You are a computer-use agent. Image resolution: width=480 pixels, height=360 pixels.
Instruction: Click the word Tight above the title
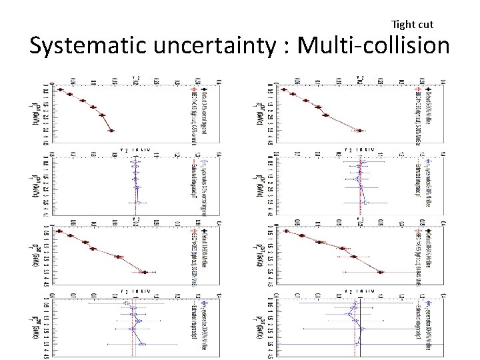click(x=403, y=25)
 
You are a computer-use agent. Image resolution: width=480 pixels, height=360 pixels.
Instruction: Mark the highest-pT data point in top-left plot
click(x=112, y=131)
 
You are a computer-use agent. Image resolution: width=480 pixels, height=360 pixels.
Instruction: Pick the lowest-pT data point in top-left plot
click(x=60, y=90)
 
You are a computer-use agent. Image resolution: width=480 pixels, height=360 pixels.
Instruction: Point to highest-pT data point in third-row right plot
click(x=380, y=272)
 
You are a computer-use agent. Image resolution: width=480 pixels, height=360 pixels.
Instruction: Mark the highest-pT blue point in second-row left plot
click(x=137, y=201)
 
